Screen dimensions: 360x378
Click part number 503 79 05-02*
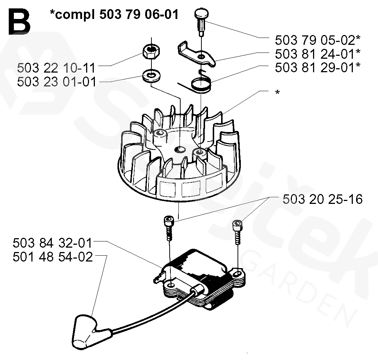click(x=318, y=40)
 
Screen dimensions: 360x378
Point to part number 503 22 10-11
click(x=57, y=68)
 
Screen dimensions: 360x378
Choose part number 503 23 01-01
click(x=57, y=82)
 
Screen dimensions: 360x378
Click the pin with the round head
click(x=201, y=20)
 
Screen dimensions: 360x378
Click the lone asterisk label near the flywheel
click(x=278, y=92)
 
